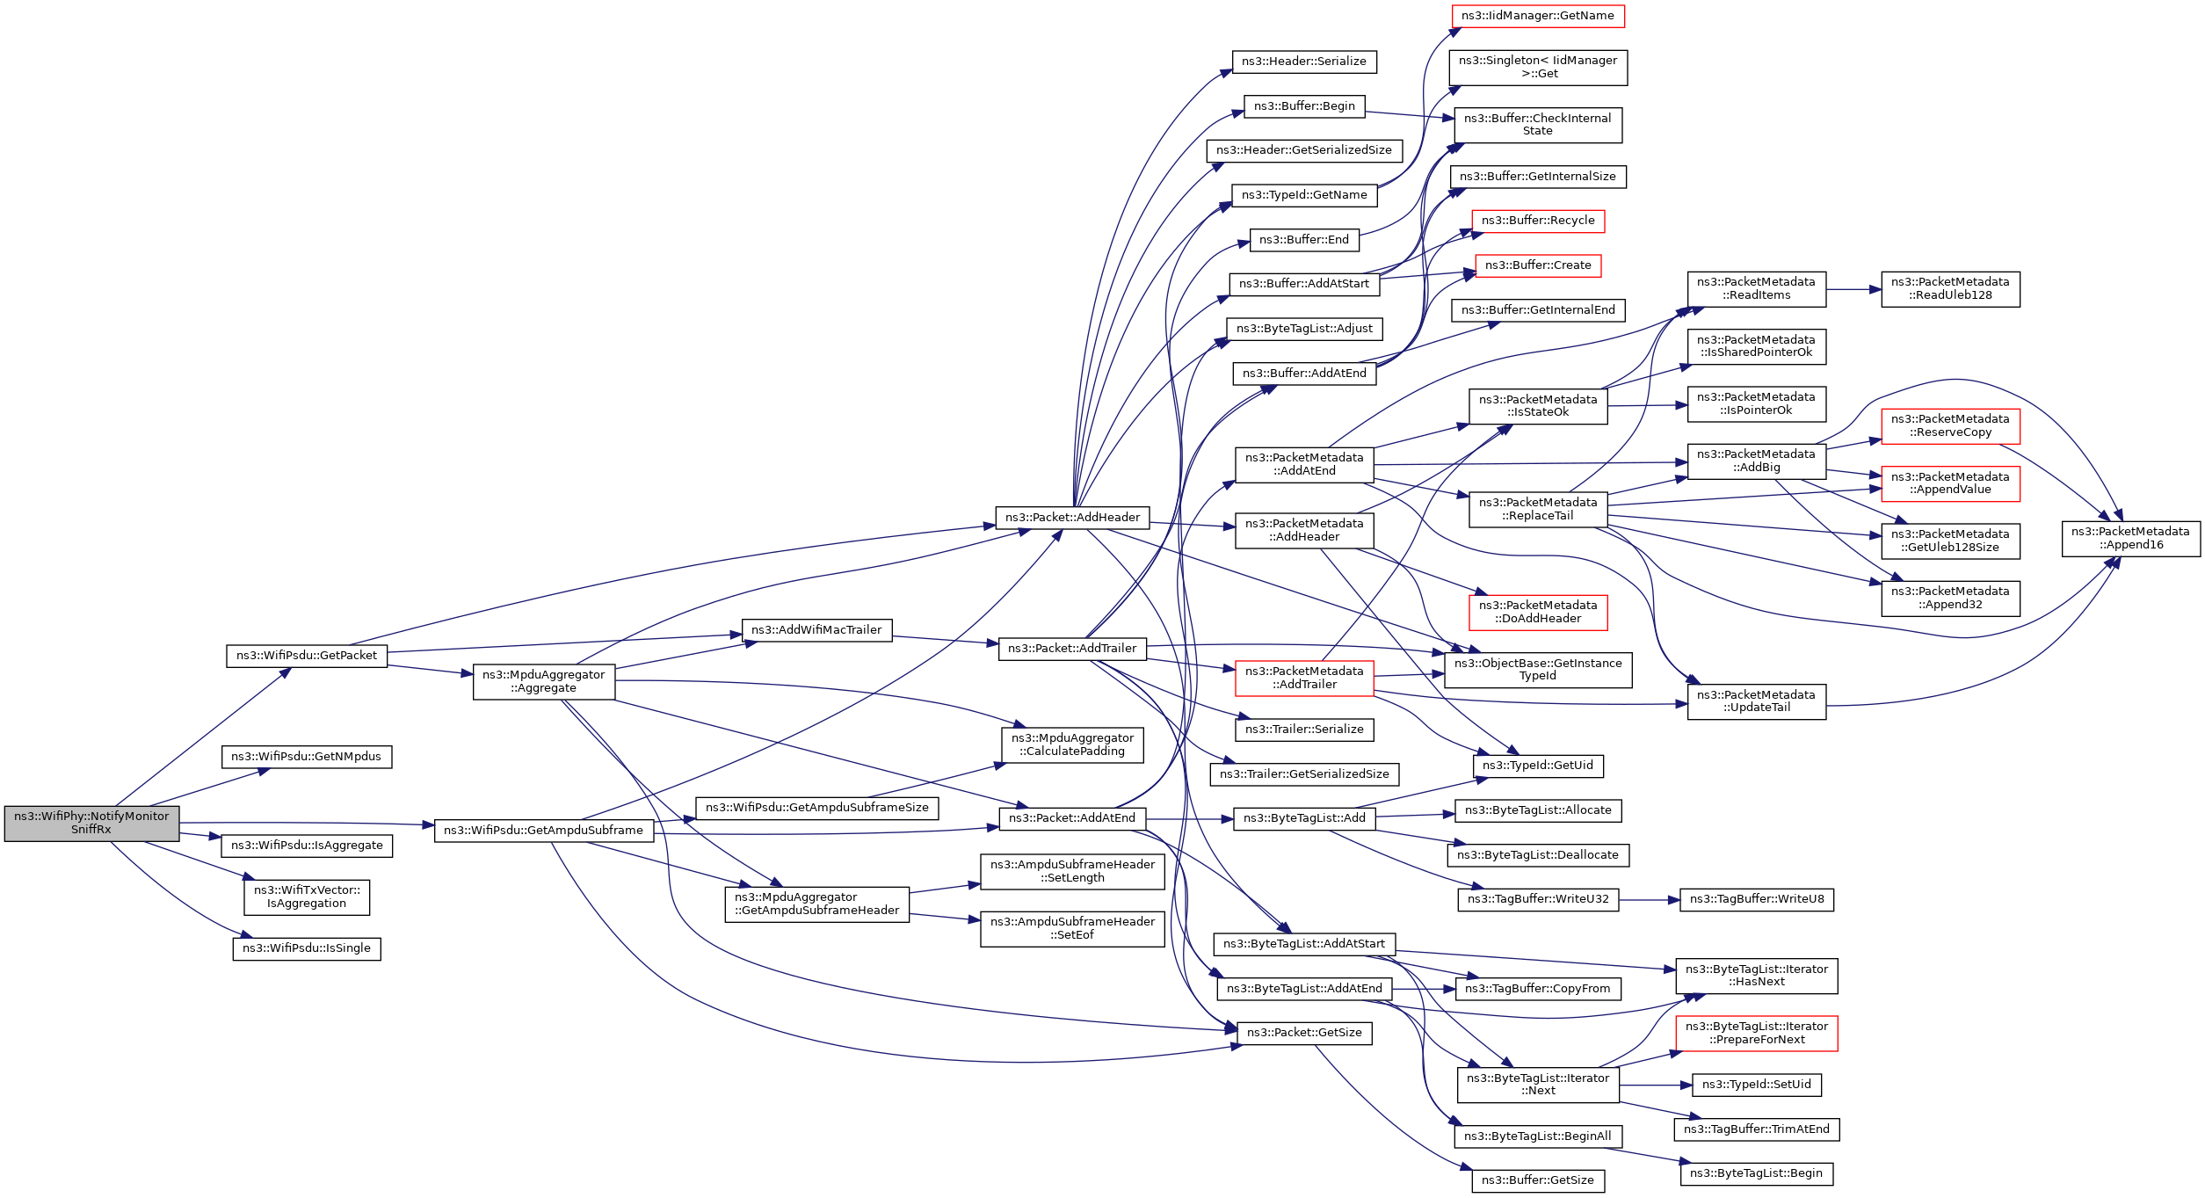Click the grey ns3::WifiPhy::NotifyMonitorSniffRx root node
91,823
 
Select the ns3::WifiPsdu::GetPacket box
307,656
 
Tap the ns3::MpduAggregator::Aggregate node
543,681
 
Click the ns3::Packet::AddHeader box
1072,518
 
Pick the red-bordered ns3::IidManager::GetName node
1537,16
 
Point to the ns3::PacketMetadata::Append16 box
2131,538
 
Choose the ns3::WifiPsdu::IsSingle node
307,948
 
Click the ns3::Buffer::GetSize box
1537,1180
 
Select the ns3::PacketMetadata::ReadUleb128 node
1950,288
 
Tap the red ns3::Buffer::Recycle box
1538,221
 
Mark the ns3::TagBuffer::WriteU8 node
1757,899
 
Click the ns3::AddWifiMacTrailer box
816,630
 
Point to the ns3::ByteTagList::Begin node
1756,1173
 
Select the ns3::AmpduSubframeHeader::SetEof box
1072,928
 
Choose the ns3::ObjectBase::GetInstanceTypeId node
1538,670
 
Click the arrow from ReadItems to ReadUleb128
1853,289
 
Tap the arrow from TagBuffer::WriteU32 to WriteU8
1649,900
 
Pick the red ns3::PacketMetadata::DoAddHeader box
1538,612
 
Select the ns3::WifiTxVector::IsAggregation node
307,897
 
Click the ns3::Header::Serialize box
1304,62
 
